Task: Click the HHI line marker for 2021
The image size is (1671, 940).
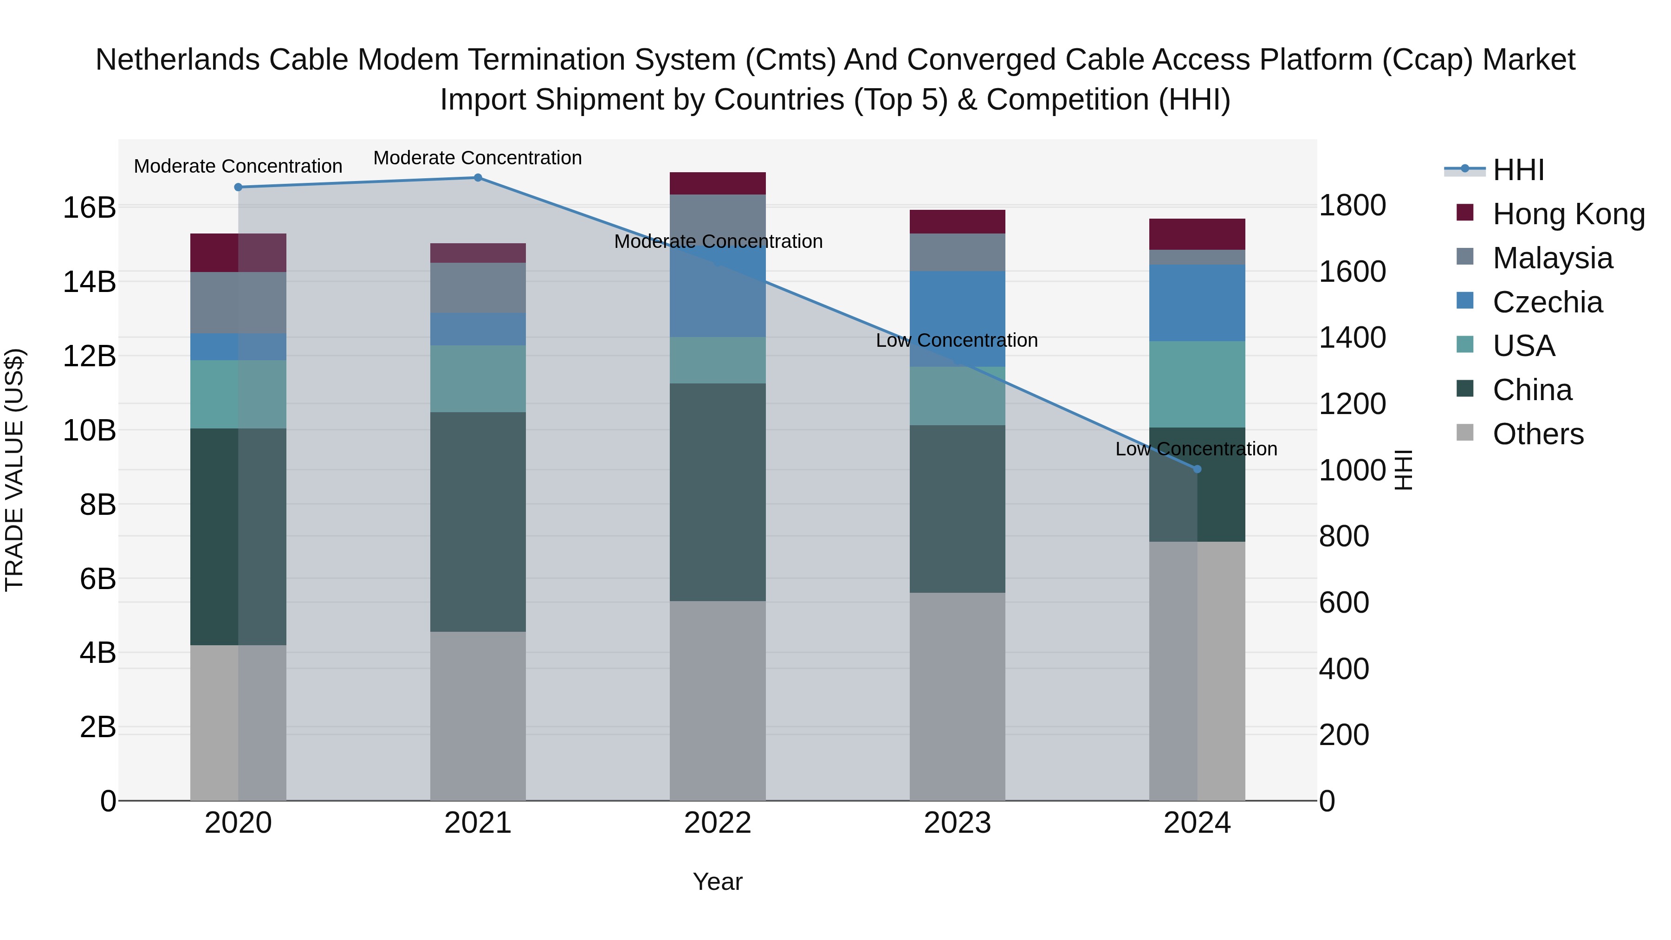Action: (478, 178)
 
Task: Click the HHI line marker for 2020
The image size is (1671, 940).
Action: (238, 188)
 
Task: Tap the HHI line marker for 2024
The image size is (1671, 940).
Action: (1197, 469)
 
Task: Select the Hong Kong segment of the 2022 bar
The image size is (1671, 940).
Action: (718, 183)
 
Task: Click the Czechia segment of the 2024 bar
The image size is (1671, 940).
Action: (1197, 303)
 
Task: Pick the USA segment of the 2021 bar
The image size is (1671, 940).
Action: (478, 379)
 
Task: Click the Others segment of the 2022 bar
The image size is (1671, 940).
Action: (718, 700)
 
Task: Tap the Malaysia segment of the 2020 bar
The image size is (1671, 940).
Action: (238, 303)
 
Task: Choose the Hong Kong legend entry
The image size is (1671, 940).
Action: (1568, 214)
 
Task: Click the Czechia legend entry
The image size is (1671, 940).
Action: (1547, 302)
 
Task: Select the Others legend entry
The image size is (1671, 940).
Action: (1537, 434)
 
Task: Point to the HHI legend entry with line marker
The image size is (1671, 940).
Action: (1518, 170)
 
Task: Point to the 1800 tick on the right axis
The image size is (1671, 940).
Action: (1353, 206)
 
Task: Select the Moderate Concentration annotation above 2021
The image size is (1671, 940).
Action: (478, 158)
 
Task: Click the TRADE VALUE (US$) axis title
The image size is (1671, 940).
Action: (14, 470)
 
